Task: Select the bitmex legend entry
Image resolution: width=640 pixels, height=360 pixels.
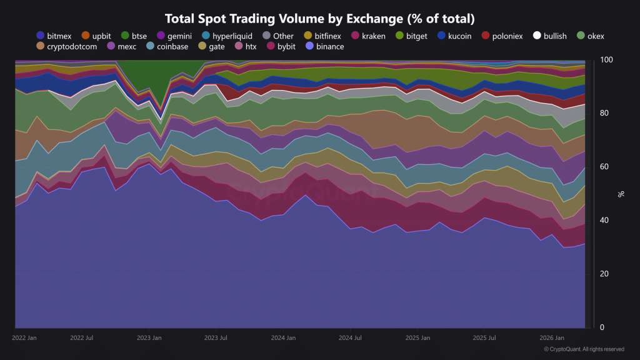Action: pyautogui.click(x=54, y=36)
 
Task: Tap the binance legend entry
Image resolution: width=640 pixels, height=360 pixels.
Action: pyautogui.click(x=325, y=46)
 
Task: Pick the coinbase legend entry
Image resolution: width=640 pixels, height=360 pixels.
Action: pyautogui.click(x=167, y=46)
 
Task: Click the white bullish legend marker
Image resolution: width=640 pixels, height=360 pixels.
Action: pyautogui.click(x=537, y=36)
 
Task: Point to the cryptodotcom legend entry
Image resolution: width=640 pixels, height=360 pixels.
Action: pyautogui.click(x=67, y=46)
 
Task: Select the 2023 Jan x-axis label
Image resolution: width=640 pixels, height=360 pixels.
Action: pyautogui.click(x=149, y=338)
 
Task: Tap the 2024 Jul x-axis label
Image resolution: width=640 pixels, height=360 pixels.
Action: pyautogui.click(x=350, y=338)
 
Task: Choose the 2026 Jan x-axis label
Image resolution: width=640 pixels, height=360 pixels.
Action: pyautogui.click(x=552, y=338)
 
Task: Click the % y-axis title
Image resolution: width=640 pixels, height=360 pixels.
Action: pyautogui.click(x=621, y=194)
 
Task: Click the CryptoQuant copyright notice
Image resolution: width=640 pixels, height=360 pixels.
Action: pyautogui.click(x=584, y=349)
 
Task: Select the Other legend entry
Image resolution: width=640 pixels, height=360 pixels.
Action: pyautogui.click(x=278, y=36)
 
